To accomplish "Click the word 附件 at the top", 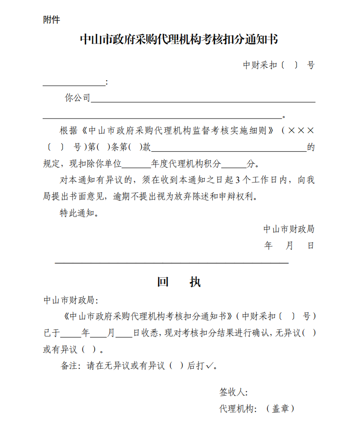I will (51, 20).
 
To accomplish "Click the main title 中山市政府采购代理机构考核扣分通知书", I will (179, 39).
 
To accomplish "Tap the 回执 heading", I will (179, 282).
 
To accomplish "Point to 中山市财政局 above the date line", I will (288, 229).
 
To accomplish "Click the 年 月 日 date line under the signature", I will (288, 246).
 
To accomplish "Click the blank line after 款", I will (229, 147).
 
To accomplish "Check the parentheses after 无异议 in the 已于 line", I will (308, 333).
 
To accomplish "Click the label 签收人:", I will (234, 392).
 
